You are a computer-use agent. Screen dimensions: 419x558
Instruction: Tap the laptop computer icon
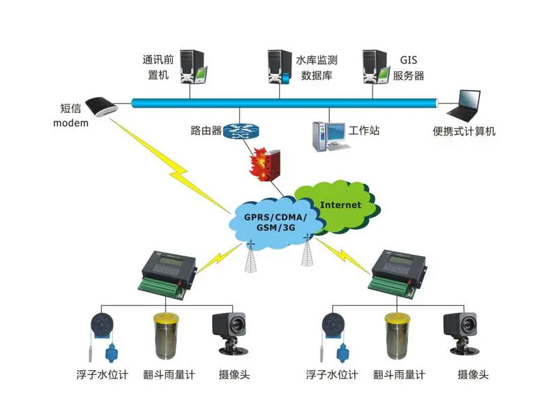pyautogui.click(x=465, y=105)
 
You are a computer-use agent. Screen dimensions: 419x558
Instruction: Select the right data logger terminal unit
pyautogui.click(x=398, y=273)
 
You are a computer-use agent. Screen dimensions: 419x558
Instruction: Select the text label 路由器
pyautogui.click(x=206, y=131)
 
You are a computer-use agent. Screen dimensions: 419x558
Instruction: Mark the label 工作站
pyautogui.click(x=364, y=131)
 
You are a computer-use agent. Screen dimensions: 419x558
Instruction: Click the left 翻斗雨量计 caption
pyautogui.click(x=167, y=375)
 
